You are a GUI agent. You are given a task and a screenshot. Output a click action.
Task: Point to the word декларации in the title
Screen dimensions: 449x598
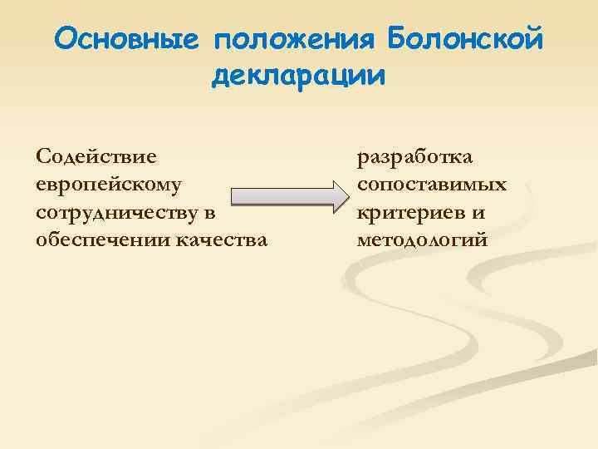pyautogui.click(x=299, y=76)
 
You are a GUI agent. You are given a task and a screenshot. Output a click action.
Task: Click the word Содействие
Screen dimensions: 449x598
pyautogui.click(x=99, y=155)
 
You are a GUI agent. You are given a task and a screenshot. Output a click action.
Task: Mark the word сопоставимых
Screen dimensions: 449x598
pyautogui.click(x=431, y=184)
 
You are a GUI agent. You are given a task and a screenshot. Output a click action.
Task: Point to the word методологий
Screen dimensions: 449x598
pyautogui.click(x=423, y=240)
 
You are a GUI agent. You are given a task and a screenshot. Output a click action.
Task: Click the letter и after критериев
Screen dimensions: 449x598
pyautogui.click(x=478, y=212)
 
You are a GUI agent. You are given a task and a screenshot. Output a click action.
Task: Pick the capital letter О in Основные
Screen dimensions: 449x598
pyautogui.click(x=67, y=39)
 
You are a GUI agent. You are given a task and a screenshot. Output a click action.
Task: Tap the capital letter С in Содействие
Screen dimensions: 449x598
pyautogui.click(x=43, y=155)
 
